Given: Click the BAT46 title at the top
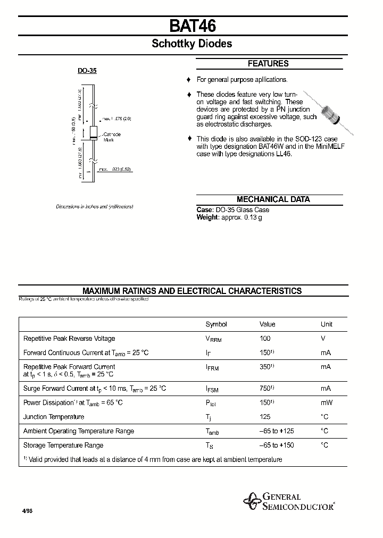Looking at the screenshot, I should pyautogui.click(x=192, y=27).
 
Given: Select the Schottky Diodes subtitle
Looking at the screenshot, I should pyautogui.click(x=192, y=44).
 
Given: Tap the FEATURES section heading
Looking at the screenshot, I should pyautogui.click(x=268, y=64).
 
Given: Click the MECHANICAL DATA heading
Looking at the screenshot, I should pyautogui.click(x=273, y=199).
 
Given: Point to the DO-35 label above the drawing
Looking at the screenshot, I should pyautogui.click(x=87, y=70).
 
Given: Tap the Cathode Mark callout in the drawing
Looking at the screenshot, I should pyautogui.click(x=112, y=137).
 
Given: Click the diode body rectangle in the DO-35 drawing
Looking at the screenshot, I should pyautogui.click(x=92, y=132).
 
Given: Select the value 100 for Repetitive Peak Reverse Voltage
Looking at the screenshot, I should pyautogui.click(x=265, y=339).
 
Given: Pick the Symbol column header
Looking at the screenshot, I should pyautogui.click(x=216, y=324).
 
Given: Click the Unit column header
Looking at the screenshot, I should pyautogui.click(x=326, y=324).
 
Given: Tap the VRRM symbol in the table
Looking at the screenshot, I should pyautogui.click(x=213, y=339).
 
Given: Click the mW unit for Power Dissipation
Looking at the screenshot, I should pyautogui.click(x=326, y=403).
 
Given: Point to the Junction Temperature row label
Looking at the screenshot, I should pyautogui.click(x=54, y=417).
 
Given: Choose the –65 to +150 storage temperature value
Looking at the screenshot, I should pyautogui.click(x=277, y=445).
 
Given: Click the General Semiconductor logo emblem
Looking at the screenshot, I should pyautogui.click(x=251, y=501).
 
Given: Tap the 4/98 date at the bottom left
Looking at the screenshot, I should pyautogui.click(x=27, y=510).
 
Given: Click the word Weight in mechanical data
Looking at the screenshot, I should pyautogui.click(x=207, y=217).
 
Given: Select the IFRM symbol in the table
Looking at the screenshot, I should pyautogui.click(x=213, y=367).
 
